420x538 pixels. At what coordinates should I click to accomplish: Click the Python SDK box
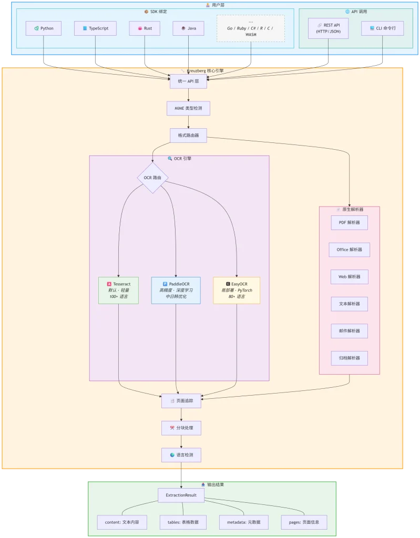tap(44, 28)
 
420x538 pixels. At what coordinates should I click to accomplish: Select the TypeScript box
tap(95, 28)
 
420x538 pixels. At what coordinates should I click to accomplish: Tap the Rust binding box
tap(145, 28)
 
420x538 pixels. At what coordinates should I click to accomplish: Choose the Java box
tap(188, 28)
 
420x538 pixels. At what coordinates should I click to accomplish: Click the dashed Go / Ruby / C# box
tap(251, 28)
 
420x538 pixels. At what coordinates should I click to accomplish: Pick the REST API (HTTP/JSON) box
tap(329, 28)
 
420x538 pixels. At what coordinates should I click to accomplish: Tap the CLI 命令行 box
tap(383, 28)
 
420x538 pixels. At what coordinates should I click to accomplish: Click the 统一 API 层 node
tap(188, 81)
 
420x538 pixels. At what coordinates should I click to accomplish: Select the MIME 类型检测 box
tap(188, 109)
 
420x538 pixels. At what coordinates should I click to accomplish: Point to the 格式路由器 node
tap(188, 136)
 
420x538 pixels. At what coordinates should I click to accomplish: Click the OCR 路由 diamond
tap(152, 178)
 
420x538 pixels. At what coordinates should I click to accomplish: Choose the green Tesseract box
tap(118, 290)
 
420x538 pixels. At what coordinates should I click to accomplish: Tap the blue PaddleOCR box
tap(176, 290)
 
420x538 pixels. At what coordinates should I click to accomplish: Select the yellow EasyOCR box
tap(237, 290)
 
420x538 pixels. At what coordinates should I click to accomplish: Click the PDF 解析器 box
tap(350, 223)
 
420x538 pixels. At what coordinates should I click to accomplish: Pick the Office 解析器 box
tap(350, 250)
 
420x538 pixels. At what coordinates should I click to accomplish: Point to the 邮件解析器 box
tap(350, 331)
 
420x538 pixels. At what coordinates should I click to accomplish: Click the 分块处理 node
tap(181, 428)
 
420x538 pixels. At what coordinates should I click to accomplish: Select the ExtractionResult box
tap(181, 495)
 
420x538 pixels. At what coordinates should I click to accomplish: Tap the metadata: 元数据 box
tap(243, 522)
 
